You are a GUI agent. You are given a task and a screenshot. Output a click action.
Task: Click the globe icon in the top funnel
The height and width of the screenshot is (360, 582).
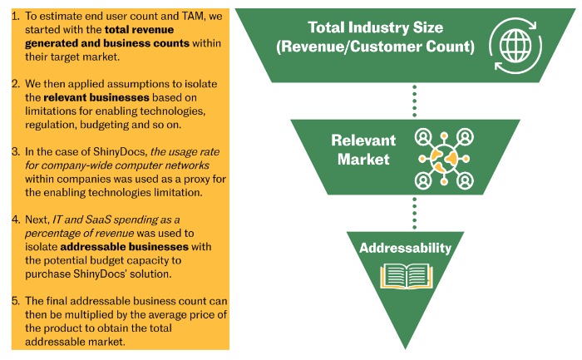(x=515, y=46)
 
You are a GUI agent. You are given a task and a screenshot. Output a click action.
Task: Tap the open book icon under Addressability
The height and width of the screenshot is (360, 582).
(x=406, y=276)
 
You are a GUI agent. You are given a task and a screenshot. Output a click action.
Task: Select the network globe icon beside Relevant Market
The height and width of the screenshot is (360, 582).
(x=444, y=159)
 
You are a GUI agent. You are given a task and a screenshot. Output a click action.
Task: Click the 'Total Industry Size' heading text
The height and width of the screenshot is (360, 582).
(x=375, y=27)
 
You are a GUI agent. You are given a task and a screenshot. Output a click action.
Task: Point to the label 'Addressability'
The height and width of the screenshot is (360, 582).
(x=405, y=248)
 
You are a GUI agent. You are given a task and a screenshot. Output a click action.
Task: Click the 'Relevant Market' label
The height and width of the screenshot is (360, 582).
(x=363, y=150)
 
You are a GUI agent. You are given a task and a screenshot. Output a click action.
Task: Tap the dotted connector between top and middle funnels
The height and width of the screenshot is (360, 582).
(x=415, y=101)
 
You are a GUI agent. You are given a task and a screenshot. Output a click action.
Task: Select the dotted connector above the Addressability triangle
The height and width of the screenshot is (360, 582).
(x=415, y=214)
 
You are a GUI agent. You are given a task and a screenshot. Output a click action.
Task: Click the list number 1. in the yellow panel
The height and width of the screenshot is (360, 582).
(x=15, y=16)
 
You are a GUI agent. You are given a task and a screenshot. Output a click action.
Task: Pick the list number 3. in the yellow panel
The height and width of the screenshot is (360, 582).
(x=15, y=152)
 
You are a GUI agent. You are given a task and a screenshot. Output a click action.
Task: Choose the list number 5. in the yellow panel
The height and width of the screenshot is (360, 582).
(x=15, y=301)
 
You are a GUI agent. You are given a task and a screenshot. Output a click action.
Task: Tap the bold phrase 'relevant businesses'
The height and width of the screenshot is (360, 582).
(x=96, y=97)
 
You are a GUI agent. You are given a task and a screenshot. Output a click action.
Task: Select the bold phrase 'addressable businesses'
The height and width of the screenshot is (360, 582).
(x=125, y=247)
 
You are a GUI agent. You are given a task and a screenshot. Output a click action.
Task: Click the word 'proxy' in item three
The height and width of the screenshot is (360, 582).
(x=199, y=180)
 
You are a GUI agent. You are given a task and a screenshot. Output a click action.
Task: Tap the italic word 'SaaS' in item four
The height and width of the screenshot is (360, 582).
(x=98, y=219)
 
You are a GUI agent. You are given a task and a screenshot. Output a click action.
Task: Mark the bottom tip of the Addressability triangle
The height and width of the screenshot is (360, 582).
(x=405, y=349)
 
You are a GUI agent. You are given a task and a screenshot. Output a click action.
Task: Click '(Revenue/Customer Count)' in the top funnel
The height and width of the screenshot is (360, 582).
(x=375, y=47)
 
